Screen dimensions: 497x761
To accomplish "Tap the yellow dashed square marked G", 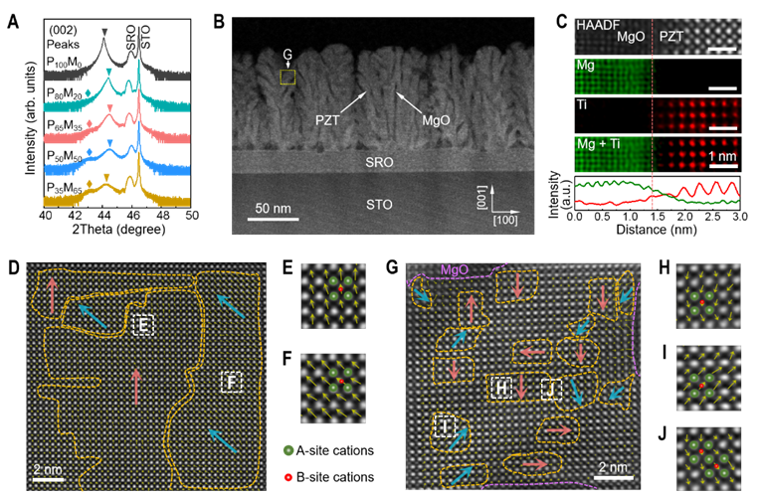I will [x=288, y=77].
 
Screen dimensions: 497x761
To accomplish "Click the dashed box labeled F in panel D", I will [x=231, y=382].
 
